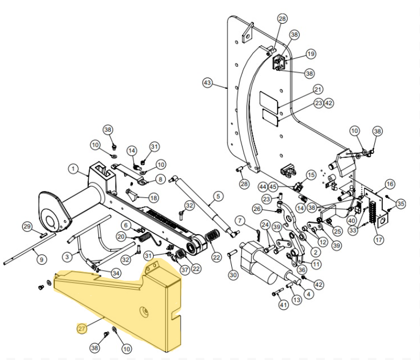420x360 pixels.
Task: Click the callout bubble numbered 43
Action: click(x=208, y=83)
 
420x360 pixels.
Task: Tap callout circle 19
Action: click(x=311, y=54)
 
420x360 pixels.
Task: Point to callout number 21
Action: click(x=318, y=89)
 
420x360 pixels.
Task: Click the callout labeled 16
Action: click(x=390, y=184)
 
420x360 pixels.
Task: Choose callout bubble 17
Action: click(x=379, y=239)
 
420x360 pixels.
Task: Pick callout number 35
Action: click(x=400, y=203)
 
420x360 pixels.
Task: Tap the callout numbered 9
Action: click(x=40, y=259)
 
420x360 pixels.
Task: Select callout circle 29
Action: click(x=27, y=226)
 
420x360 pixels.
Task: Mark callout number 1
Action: click(x=73, y=169)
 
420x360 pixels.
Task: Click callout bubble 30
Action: click(x=232, y=275)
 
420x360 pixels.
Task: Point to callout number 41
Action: click(x=283, y=305)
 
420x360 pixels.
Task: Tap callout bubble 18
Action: click(x=154, y=197)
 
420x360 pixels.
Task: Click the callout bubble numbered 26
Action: click(x=257, y=208)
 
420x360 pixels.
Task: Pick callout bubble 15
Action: click(x=311, y=175)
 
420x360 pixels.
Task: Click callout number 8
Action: click(x=160, y=179)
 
